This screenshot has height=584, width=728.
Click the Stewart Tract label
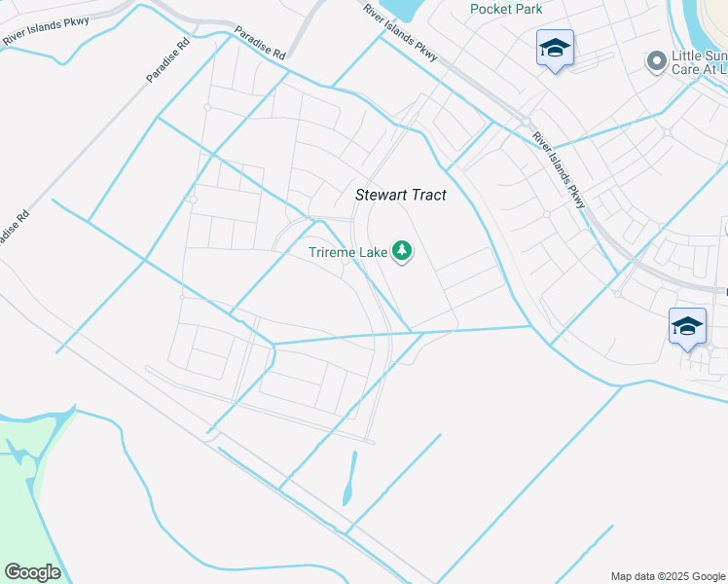[400, 195]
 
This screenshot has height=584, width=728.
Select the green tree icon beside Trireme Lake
[402, 252]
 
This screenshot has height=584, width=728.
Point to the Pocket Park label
[505, 9]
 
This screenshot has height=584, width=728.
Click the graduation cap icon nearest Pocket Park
[555, 48]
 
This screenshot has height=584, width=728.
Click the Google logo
[32, 571]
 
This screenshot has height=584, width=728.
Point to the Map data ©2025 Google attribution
[667, 576]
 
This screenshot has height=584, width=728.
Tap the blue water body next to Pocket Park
[400, 10]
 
